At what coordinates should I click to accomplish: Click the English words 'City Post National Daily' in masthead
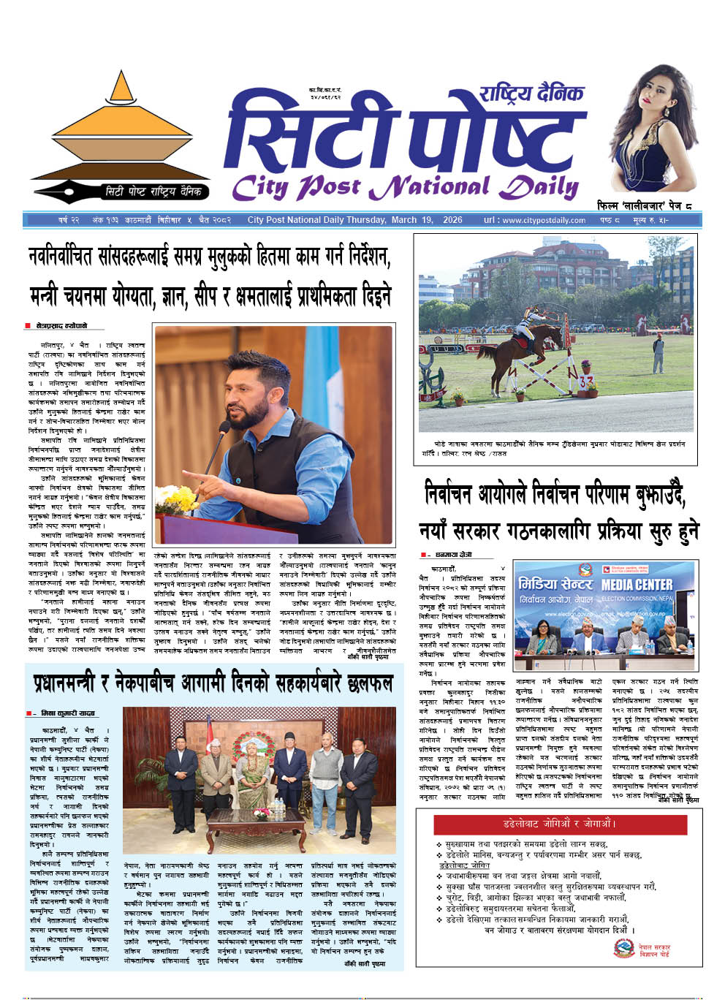coord(404,187)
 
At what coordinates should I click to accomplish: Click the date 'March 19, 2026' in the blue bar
coord(427,220)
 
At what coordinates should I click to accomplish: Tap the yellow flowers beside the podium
coord(176,498)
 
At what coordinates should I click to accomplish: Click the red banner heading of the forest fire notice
coord(561,824)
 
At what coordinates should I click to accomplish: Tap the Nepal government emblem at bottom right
coord(623,949)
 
